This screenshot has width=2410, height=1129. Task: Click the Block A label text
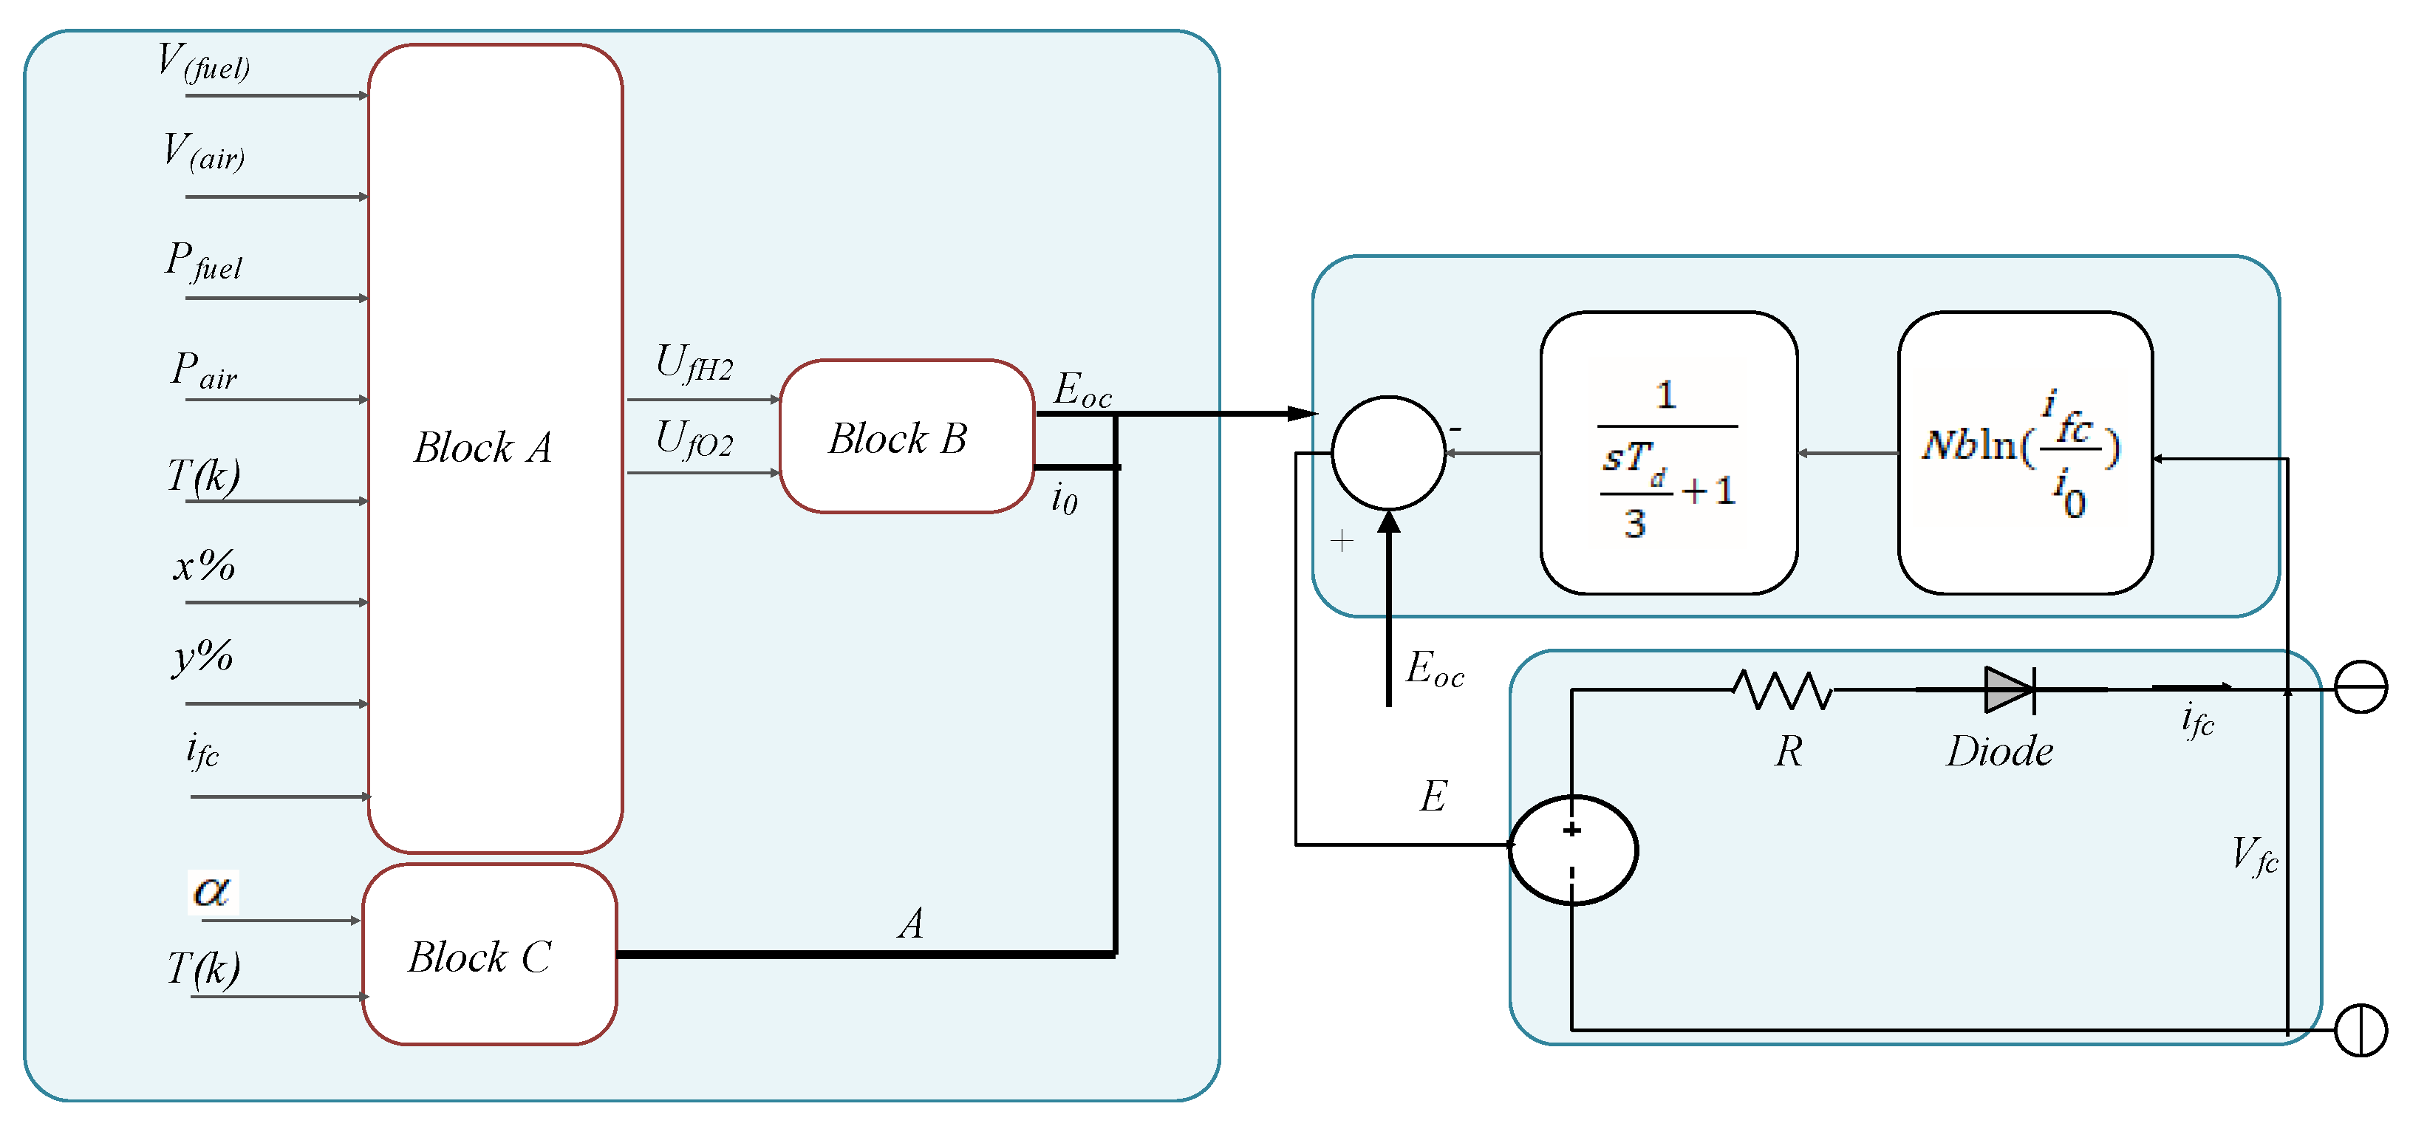tap(482, 448)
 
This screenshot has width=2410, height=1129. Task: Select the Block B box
tap(906, 437)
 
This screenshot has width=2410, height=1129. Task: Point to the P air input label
tap(204, 370)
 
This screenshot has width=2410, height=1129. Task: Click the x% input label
tap(204, 566)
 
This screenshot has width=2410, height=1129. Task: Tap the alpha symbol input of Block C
tap(212, 891)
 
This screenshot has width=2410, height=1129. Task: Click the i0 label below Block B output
tap(1064, 499)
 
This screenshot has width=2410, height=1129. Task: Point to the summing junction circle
tap(1387, 453)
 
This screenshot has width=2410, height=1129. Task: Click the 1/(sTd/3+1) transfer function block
tap(1668, 453)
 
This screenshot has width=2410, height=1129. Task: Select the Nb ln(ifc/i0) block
tap(2024, 453)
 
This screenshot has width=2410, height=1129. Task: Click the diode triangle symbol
tap(2007, 690)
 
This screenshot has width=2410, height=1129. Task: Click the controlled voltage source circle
tap(1573, 849)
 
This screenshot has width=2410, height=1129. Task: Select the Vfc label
tap(2254, 855)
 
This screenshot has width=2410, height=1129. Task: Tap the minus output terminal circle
tap(2360, 687)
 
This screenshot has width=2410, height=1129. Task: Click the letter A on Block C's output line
tap(911, 924)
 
